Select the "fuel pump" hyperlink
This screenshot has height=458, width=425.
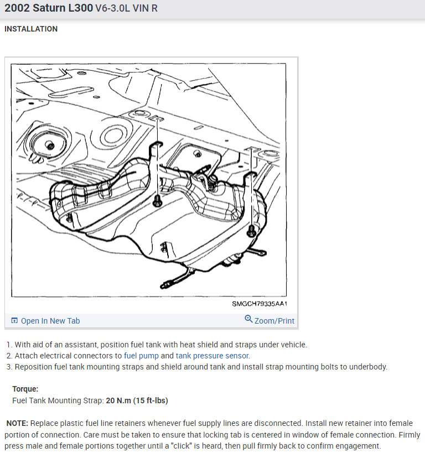coord(141,356)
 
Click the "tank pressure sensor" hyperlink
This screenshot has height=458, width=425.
coord(212,356)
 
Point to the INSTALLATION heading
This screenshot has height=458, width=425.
coord(31,29)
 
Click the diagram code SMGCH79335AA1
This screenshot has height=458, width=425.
coord(260,304)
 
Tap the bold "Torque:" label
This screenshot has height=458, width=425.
coord(25,389)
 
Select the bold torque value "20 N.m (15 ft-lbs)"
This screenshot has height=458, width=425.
coord(137,400)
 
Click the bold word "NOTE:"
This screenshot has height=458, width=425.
coord(17,423)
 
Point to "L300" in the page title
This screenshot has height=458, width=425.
coord(81,8)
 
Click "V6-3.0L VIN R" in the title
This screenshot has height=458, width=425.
coord(127,8)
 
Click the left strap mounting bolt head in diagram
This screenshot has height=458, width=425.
coord(158,201)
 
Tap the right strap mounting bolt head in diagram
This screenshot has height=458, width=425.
coord(251,231)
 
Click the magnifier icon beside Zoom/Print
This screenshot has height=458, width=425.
coord(248,319)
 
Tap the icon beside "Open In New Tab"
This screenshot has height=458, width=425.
coord(14,320)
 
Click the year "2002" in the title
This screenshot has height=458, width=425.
coord(17,8)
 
